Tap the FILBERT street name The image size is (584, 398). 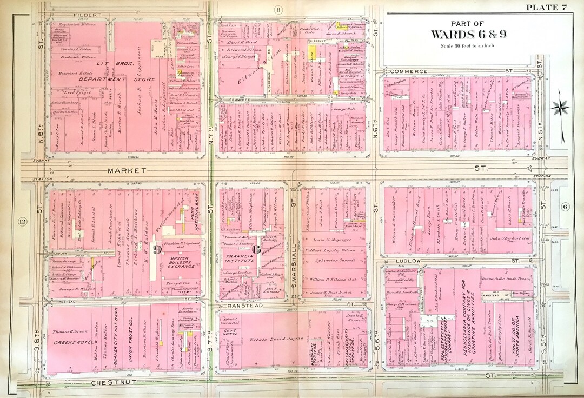(88, 14)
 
